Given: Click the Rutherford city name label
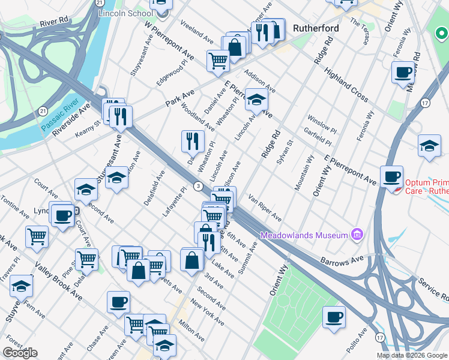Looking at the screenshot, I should click(316, 28).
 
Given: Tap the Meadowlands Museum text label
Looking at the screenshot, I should click(304, 234).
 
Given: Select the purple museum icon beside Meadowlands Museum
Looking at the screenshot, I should click(357, 233).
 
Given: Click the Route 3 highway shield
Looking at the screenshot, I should click(197, 187).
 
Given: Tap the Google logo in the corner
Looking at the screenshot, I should click(20, 353).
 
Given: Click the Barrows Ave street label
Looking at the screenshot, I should click(342, 262).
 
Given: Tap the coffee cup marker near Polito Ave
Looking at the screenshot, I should click(334, 317).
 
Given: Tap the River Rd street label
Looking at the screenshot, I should click(55, 23).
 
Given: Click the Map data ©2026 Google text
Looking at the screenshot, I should click(412, 355).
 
